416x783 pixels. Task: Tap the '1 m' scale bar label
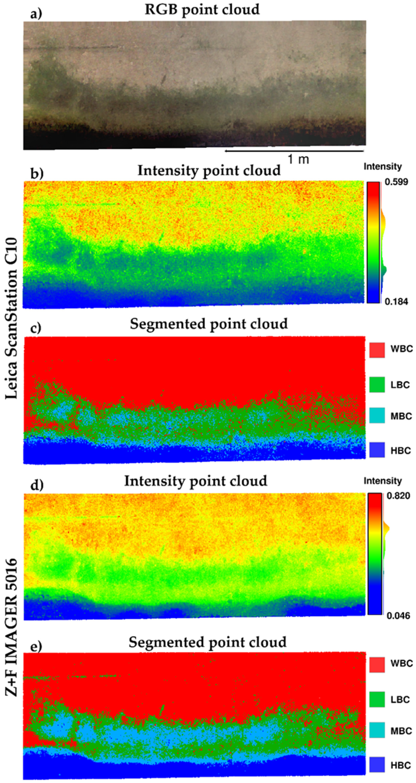(x=298, y=159)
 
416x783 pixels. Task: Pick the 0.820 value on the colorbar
(x=398, y=496)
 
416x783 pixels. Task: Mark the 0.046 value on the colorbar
(x=398, y=616)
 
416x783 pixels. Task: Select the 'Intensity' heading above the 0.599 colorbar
(x=383, y=167)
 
